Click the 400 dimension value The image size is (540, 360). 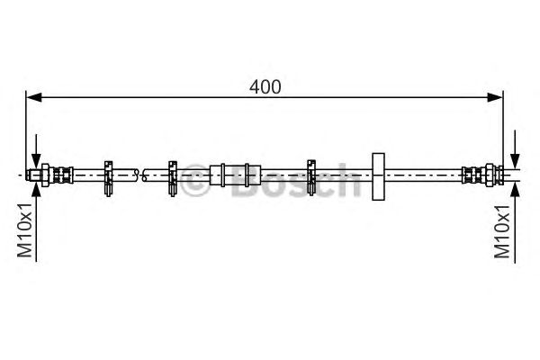coord(265,86)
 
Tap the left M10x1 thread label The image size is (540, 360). coord(25,230)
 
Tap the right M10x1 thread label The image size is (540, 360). coord(502,231)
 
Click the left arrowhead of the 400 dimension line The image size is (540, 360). coord(34,97)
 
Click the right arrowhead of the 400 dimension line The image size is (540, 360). coord(495,97)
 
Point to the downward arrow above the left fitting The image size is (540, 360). coord(36,151)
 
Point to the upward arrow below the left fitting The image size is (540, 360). coord(36,221)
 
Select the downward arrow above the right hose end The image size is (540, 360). coord(515,149)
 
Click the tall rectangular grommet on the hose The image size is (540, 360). coord(378,176)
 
